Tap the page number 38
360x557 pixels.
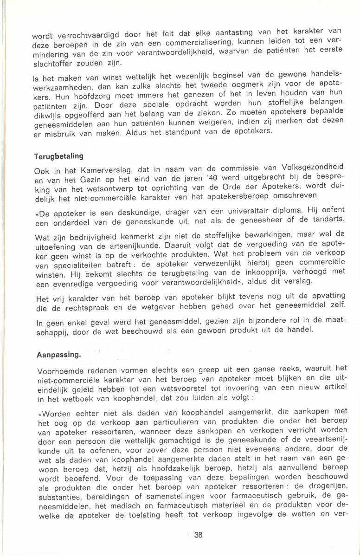(199, 535)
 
